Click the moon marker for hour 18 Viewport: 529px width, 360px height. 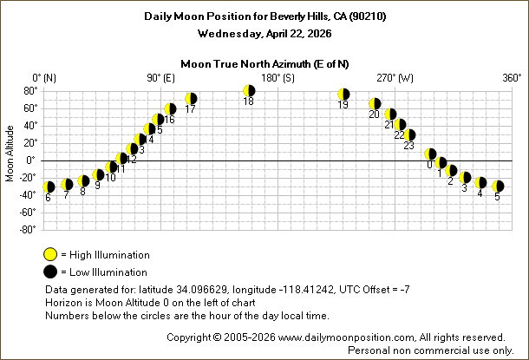pos(249,90)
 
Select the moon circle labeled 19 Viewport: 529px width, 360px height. pos(343,95)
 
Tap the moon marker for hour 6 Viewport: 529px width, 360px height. pos(49,187)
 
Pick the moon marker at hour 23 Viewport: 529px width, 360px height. pos(410,134)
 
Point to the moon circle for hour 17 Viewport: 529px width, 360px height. pos(191,99)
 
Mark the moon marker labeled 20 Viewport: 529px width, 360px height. pos(375,104)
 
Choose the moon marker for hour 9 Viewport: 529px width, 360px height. pos(98,174)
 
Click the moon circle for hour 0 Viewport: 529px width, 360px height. pos(430,154)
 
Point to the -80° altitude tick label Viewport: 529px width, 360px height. pos(26,229)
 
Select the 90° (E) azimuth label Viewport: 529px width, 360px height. pos(160,78)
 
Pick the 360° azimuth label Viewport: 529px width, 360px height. pos(512,78)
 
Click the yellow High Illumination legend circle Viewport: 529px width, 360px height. pos(51,254)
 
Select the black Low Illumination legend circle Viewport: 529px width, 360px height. pos(51,272)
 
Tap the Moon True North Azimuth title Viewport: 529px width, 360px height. pos(264,63)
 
